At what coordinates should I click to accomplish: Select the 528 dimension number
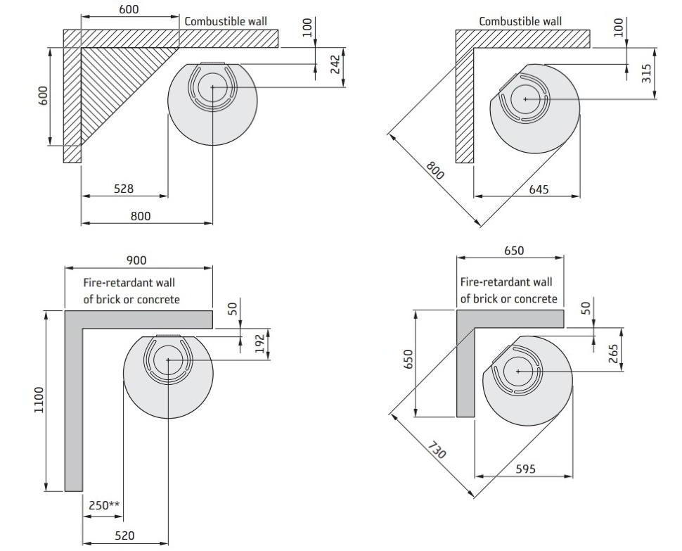click(124, 189)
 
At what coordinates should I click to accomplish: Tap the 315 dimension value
click(648, 72)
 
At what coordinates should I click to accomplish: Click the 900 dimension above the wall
click(136, 260)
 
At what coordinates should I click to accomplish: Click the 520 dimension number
click(124, 536)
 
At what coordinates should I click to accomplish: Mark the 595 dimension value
click(525, 469)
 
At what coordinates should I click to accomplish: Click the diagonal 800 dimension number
click(435, 170)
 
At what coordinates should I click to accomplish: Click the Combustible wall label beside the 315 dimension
click(520, 21)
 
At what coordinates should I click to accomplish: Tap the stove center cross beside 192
click(168, 360)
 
